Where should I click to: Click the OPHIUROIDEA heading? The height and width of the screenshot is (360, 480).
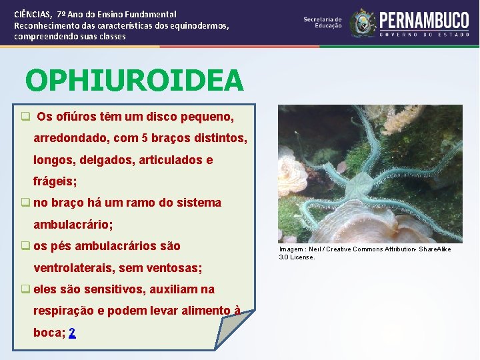click(x=135, y=81)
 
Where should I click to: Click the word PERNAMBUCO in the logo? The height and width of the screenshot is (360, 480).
click(x=424, y=19)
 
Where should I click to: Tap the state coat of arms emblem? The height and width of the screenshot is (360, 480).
click(x=363, y=23)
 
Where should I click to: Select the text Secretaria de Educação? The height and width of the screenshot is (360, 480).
click(x=323, y=23)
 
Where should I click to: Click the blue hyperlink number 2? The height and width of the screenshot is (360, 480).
click(x=72, y=333)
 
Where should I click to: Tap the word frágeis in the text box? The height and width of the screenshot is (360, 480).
click(x=55, y=181)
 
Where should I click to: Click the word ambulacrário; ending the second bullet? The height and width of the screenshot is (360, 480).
click(x=73, y=225)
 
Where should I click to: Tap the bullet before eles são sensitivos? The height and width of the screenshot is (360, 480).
click(x=25, y=289)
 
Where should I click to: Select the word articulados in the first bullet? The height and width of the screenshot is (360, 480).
click(x=168, y=160)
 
